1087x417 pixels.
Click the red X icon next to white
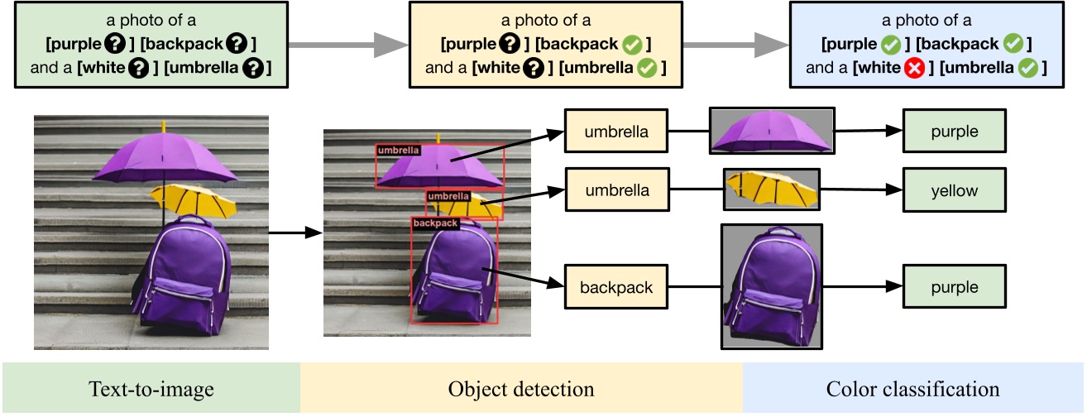(912, 68)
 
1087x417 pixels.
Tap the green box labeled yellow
(954, 191)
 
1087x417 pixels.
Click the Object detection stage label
(520, 388)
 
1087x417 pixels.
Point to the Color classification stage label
(912, 388)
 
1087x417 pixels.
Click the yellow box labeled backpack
(615, 288)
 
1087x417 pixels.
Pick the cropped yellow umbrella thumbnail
(771, 190)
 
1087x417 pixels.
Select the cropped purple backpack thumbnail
(771, 286)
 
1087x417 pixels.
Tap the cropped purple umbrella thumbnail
(771, 131)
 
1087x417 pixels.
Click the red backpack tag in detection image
(434, 223)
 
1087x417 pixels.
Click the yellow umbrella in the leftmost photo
(194, 199)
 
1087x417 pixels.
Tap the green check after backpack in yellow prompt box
(636, 43)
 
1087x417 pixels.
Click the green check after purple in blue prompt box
(891, 43)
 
